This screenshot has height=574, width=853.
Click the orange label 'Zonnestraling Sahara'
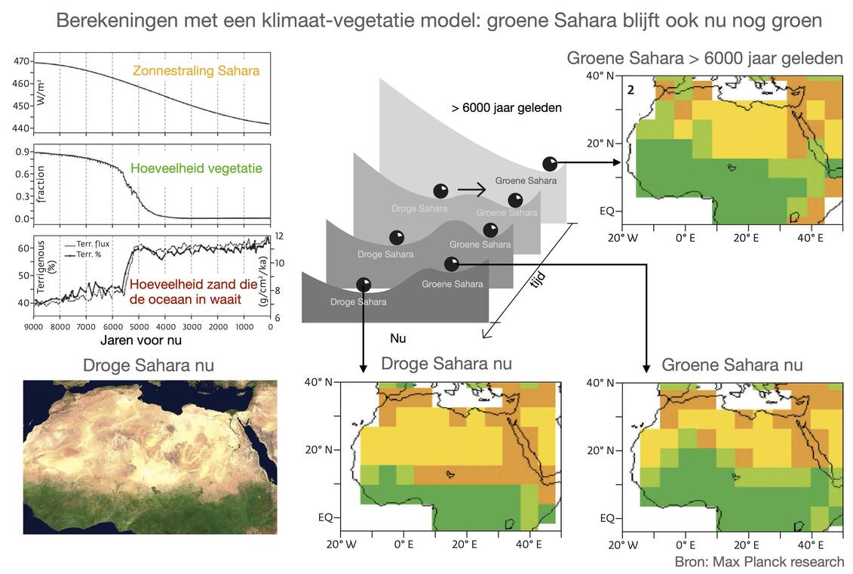[196, 71]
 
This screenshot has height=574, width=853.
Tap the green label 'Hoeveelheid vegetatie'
[196, 169]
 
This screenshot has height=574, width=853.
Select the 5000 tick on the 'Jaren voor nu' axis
[140, 326]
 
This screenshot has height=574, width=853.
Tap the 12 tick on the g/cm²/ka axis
[279, 236]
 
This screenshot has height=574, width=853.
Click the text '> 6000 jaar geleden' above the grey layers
[507, 108]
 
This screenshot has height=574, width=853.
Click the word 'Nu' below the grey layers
[399, 338]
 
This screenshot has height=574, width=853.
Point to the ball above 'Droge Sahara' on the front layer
[364, 284]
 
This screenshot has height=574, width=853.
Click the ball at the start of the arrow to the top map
[550, 163]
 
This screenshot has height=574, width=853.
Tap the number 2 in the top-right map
[631, 90]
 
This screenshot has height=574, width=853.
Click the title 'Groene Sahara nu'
[732, 365]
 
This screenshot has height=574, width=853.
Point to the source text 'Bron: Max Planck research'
[759, 562]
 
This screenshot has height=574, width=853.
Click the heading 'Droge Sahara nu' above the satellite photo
[149, 366]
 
